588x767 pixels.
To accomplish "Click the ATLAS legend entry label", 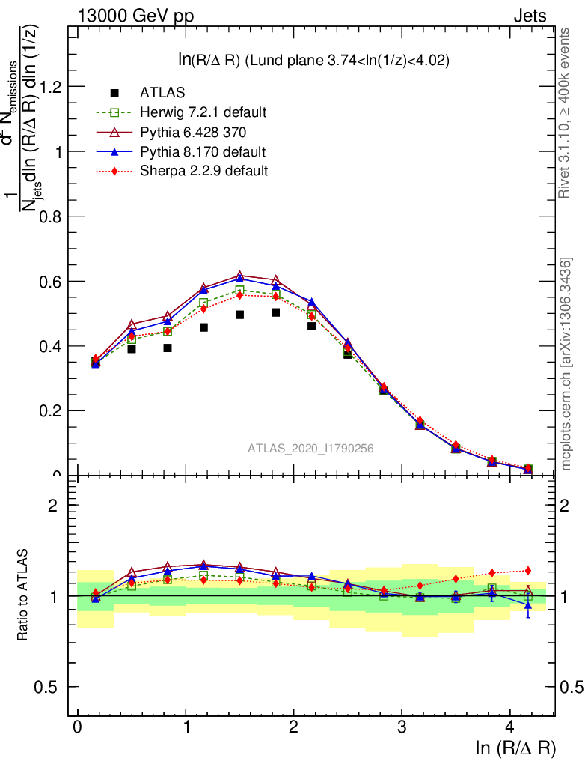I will pos(162,93).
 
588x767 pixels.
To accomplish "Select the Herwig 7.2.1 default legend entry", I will pos(203,112).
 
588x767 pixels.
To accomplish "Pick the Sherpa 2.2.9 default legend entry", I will pos(203,171).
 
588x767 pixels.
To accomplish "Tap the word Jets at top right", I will pos(530,16).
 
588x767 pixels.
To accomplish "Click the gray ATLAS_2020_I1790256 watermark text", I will pos(310,448).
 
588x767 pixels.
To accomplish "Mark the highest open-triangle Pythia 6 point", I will pos(239,276).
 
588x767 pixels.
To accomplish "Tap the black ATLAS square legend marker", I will pos(114,93).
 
